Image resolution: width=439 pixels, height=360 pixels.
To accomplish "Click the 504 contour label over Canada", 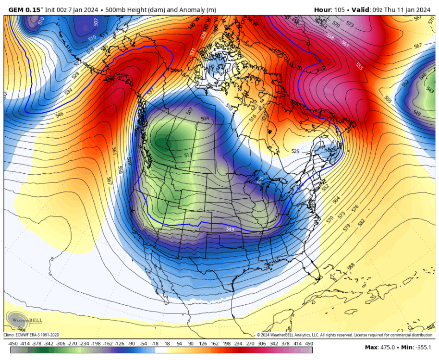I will coord(205,118).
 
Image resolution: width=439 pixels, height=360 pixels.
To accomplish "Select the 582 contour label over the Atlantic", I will coord(361,223).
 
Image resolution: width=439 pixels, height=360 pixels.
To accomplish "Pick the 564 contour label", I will coord(336,199).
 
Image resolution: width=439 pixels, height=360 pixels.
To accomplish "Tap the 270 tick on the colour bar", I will coord(250,344).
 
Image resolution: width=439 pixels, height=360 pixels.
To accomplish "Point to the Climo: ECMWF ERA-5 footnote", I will coord(31,335).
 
